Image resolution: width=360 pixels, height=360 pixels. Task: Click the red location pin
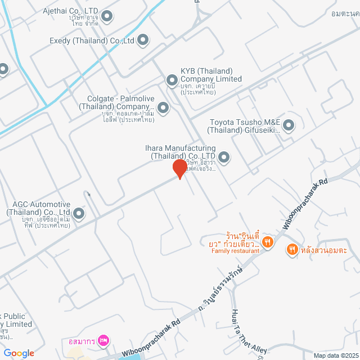(x=179, y=168)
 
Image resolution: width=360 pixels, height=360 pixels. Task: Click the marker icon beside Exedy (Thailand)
(x=143, y=39)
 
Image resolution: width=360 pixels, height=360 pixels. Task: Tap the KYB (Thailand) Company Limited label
(x=211, y=75)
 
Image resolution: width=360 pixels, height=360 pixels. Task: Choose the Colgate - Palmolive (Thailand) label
(x=116, y=102)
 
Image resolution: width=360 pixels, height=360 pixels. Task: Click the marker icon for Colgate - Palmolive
(x=163, y=107)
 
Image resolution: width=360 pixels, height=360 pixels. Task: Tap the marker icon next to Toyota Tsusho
(x=288, y=125)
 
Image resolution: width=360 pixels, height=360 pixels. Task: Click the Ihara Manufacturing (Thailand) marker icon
(x=224, y=157)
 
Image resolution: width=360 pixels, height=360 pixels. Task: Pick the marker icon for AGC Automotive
(x=78, y=213)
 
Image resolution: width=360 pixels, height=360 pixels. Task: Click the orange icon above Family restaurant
(x=268, y=242)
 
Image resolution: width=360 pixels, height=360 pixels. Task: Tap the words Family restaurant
(x=235, y=251)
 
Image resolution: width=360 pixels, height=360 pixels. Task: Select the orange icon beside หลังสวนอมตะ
(x=292, y=249)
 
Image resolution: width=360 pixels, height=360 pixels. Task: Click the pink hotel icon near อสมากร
(x=103, y=340)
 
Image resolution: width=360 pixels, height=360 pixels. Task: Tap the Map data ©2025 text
(x=336, y=355)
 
